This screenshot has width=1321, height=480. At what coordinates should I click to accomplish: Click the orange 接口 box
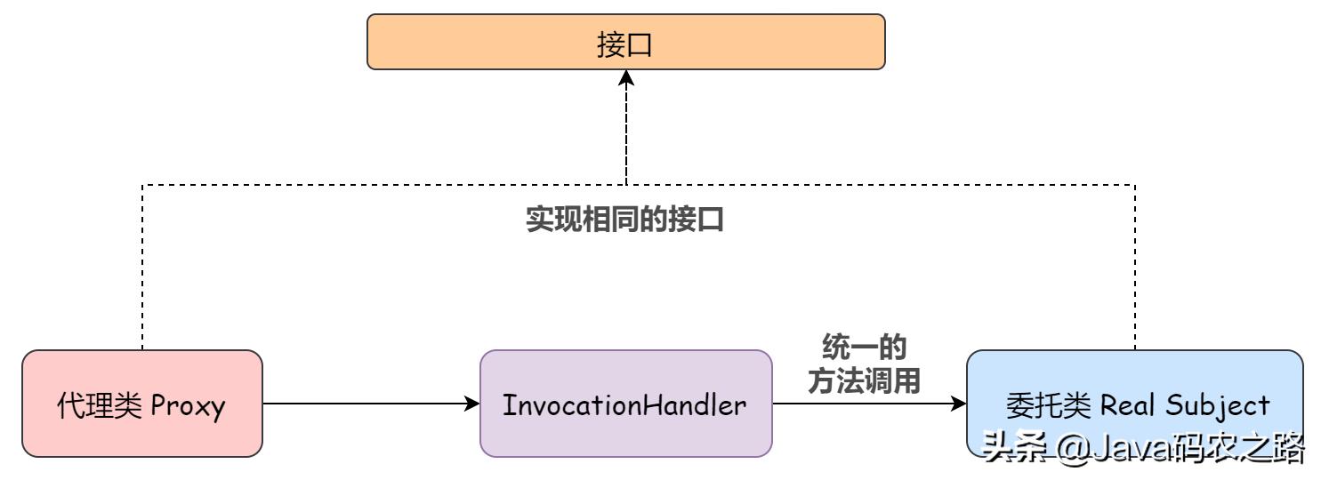tap(625, 42)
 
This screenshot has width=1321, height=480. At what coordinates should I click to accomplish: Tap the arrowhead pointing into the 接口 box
tap(626, 79)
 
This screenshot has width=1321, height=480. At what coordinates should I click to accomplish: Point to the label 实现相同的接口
tap(624, 219)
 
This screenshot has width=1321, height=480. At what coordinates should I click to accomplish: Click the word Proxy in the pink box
tap(188, 406)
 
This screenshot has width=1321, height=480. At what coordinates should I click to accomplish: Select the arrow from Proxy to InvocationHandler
tap(365, 404)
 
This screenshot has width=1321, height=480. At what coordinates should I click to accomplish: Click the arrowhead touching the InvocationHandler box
tap(472, 404)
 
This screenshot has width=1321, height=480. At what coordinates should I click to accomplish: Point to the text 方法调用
tap(863, 381)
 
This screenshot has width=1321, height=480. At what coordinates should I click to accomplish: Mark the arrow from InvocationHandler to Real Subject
tap(863, 404)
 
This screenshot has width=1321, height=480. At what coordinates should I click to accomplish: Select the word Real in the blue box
tap(1127, 406)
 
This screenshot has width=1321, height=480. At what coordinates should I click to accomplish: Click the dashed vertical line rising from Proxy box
tap(142, 267)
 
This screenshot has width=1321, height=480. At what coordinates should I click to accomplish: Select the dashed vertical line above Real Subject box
tap(1135, 267)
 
